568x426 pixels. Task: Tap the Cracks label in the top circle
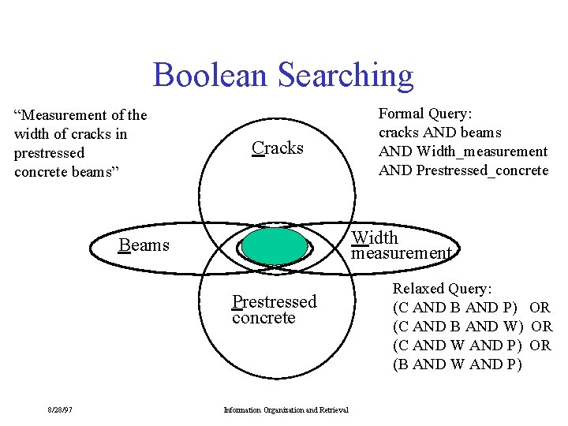click(x=277, y=148)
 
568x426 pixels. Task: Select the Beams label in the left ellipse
click(x=144, y=245)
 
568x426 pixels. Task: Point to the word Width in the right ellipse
click(x=375, y=237)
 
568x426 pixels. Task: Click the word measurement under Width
click(x=402, y=252)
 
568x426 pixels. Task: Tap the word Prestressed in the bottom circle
click(x=274, y=301)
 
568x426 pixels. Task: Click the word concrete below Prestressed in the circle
click(x=263, y=317)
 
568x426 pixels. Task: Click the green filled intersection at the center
click(x=275, y=246)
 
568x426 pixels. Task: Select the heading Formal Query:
click(x=425, y=114)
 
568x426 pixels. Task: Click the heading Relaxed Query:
click(x=442, y=289)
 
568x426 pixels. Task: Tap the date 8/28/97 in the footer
click(x=59, y=409)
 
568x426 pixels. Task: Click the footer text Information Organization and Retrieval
click(x=286, y=409)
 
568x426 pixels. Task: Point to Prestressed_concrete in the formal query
click(x=482, y=170)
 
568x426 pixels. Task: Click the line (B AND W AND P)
click(x=457, y=364)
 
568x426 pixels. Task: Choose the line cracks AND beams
click(x=439, y=133)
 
